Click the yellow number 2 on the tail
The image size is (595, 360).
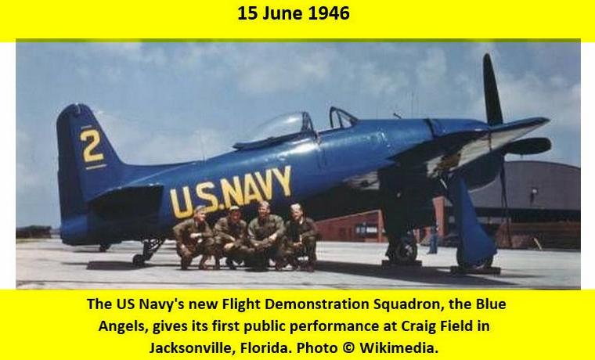point(92,146)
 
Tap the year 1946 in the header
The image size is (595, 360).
point(329,13)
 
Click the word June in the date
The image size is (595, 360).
point(283,13)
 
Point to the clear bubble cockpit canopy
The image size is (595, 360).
point(279,127)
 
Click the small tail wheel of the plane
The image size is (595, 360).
point(138,261)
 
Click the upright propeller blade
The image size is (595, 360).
point(492,89)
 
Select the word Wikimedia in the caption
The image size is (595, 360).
point(398,347)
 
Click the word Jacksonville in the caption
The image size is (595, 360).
point(193,347)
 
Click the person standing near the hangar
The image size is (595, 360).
point(432,239)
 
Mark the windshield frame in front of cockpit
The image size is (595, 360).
point(341,117)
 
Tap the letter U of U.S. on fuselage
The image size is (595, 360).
point(182,203)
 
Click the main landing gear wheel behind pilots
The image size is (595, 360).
point(402,250)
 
